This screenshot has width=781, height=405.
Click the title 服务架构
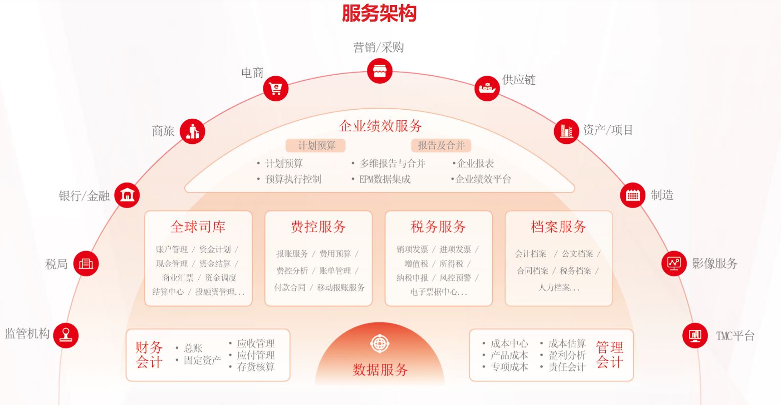click(379, 13)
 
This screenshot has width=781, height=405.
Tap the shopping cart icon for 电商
click(276, 88)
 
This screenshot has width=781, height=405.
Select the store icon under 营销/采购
click(379, 71)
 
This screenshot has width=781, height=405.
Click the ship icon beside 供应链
click(487, 88)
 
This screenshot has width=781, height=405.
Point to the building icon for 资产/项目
click(566, 131)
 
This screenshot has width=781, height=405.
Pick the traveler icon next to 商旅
click(192, 131)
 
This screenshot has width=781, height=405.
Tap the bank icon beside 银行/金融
click(127, 195)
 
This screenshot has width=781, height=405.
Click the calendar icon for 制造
click(633, 195)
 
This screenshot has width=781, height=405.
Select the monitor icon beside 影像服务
click(674, 263)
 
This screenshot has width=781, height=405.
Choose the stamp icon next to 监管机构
click(66, 335)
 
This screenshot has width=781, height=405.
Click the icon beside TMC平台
click(695, 335)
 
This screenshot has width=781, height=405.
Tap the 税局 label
click(56, 264)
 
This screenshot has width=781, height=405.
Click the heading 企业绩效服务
click(380, 126)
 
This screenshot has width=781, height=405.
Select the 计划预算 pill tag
click(316, 146)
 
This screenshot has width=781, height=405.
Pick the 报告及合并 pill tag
click(441, 146)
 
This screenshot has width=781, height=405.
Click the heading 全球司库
click(198, 227)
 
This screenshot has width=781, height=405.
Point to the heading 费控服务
click(318, 227)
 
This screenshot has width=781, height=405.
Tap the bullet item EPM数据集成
click(384, 179)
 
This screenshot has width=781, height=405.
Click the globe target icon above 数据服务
click(379, 344)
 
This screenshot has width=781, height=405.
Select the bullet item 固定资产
click(202, 360)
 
